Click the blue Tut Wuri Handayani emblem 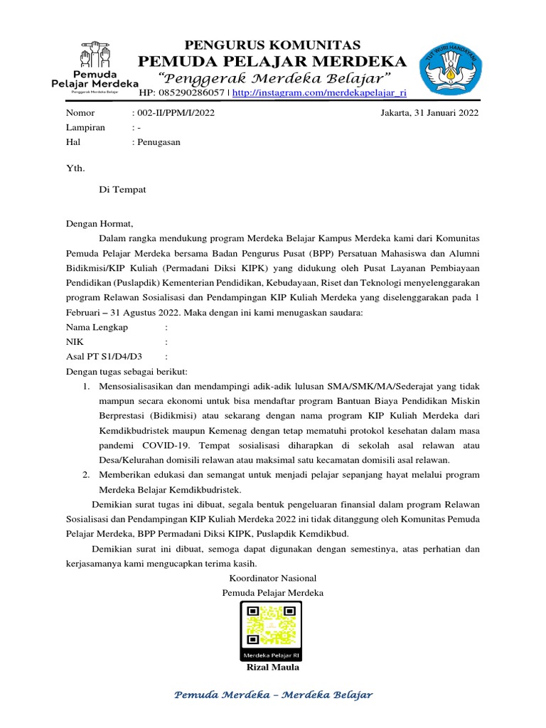pos(449,73)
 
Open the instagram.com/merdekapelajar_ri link pos(319,93)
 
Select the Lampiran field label pos(85,127)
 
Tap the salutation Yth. pos(75,168)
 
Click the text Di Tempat pos(122,189)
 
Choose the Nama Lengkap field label pos(97,327)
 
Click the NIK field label pos(75,342)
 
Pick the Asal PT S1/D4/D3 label pos(104,356)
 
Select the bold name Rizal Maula pos(273,667)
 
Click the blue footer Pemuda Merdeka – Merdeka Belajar pos(273,695)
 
